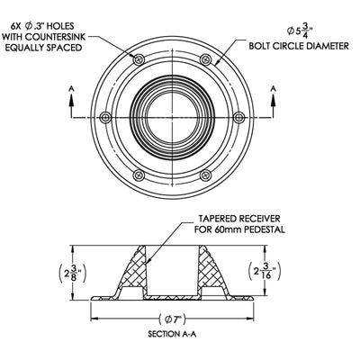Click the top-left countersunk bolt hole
click(x=139, y=59)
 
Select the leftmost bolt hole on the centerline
click(x=105, y=118)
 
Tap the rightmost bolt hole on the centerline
click(x=238, y=118)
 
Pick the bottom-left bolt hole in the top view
click(x=139, y=175)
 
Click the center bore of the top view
click(x=172, y=118)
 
